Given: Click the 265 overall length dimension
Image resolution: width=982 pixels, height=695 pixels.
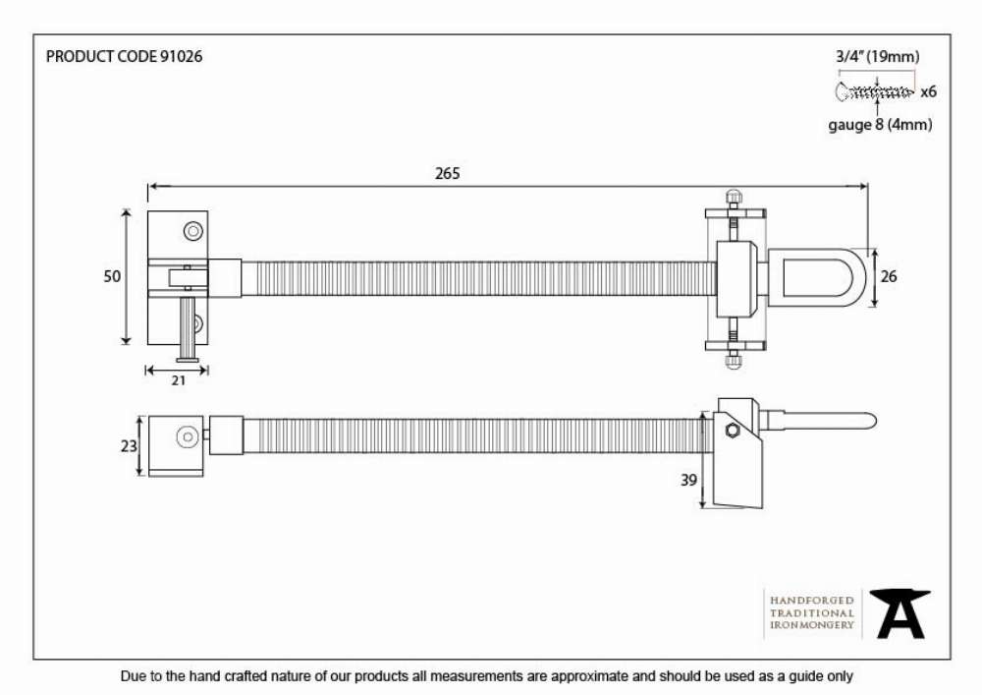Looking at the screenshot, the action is (x=447, y=173).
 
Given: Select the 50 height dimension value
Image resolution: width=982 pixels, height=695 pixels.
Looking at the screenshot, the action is (x=112, y=276).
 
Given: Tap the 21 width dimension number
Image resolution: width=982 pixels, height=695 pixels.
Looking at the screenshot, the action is (x=179, y=380).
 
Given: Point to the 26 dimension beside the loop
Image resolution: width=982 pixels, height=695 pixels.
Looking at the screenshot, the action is (x=889, y=276).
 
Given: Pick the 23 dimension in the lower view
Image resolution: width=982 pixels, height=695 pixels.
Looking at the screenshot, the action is (x=129, y=446).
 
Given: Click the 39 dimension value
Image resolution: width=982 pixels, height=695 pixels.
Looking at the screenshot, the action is (x=689, y=480).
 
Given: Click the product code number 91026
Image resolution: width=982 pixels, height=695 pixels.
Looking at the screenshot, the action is (x=182, y=56).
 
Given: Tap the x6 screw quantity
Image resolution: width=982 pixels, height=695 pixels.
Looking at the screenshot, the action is (x=929, y=92).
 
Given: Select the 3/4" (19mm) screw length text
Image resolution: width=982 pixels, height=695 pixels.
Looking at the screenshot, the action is (x=878, y=56).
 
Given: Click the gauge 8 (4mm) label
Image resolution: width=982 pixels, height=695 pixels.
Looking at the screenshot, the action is (x=880, y=125).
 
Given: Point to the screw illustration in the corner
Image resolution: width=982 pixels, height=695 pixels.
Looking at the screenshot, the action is (x=874, y=92).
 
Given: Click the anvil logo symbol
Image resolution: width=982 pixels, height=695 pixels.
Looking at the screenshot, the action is (x=900, y=613).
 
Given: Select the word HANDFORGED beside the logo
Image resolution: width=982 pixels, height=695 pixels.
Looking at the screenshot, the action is (x=812, y=601).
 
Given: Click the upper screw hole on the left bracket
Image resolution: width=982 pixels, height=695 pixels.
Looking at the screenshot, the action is (x=193, y=231).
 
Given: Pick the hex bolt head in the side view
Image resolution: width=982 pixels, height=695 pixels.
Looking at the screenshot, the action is (x=733, y=431).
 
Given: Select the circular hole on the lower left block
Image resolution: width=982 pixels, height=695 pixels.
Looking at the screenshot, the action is (x=188, y=436).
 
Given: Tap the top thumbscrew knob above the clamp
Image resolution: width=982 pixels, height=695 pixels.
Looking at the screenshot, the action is (x=733, y=197).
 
